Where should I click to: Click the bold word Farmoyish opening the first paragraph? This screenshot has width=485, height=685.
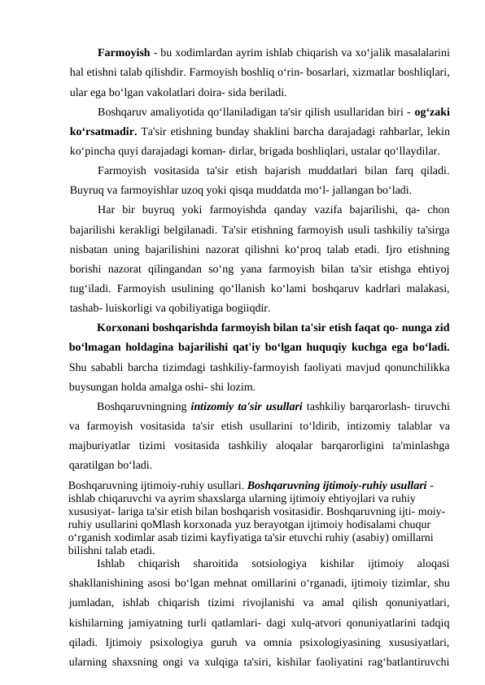coord(125,53)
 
